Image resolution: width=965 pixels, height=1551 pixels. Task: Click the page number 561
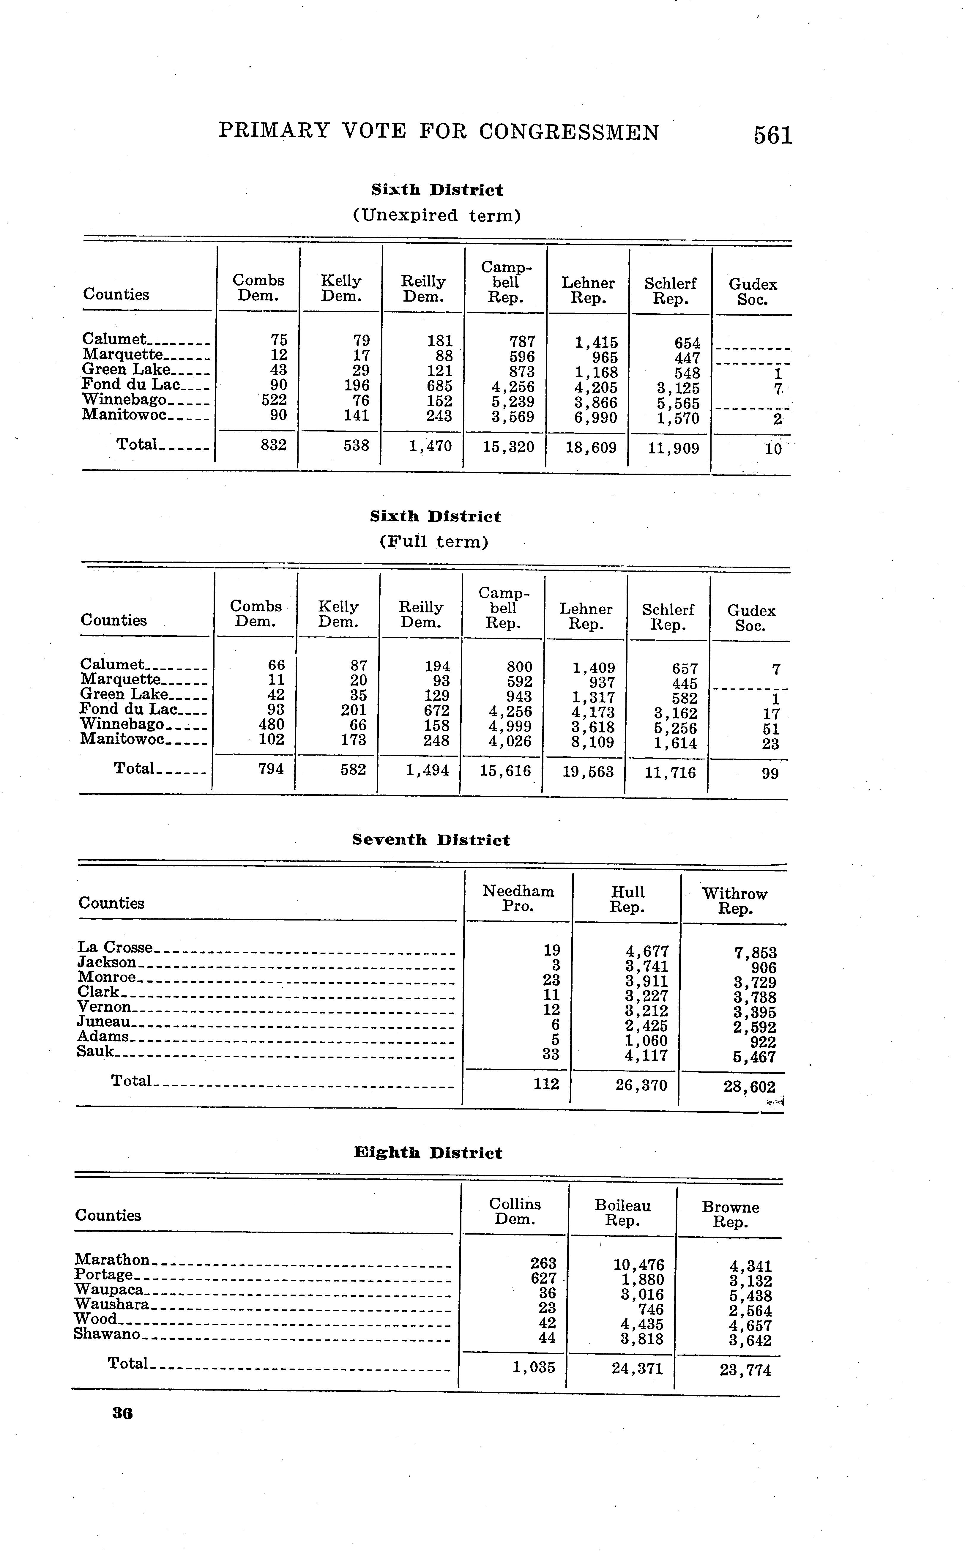click(772, 135)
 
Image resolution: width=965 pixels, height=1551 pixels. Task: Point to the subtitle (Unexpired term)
click(436, 216)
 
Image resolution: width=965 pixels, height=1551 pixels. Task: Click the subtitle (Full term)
click(433, 542)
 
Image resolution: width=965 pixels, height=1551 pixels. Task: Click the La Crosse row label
click(116, 947)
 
